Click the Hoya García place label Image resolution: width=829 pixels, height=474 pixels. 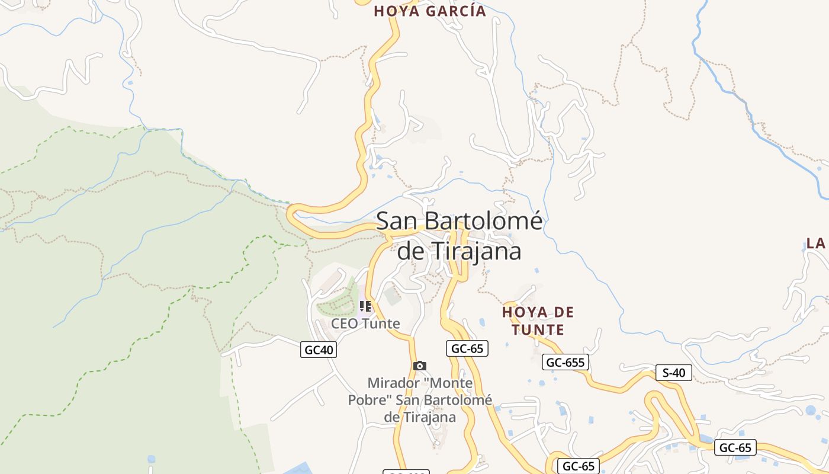(x=429, y=11)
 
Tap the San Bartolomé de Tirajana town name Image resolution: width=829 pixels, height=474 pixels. (x=459, y=235)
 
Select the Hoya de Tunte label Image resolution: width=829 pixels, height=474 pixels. (x=538, y=321)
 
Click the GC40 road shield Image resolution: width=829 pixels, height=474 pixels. (x=319, y=350)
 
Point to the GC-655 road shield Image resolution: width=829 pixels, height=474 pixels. (x=565, y=362)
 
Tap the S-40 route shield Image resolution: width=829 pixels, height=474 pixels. (x=673, y=373)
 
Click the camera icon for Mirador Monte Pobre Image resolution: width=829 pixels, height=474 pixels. (x=420, y=366)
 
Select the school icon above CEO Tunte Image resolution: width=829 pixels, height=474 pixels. (x=365, y=306)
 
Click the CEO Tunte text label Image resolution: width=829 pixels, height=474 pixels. (x=365, y=324)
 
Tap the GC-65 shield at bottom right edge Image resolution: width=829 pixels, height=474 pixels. (x=735, y=447)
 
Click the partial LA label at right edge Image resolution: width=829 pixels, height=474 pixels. (x=816, y=243)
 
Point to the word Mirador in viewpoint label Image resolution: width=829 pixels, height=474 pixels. (x=390, y=383)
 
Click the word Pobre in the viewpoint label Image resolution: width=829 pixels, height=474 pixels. (x=369, y=400)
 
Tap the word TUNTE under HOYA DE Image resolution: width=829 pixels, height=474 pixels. (x=538, y=329)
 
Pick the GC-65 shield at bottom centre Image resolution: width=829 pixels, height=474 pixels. (x=578, y=466)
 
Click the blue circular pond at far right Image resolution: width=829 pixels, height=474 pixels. (x=810, y=409)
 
